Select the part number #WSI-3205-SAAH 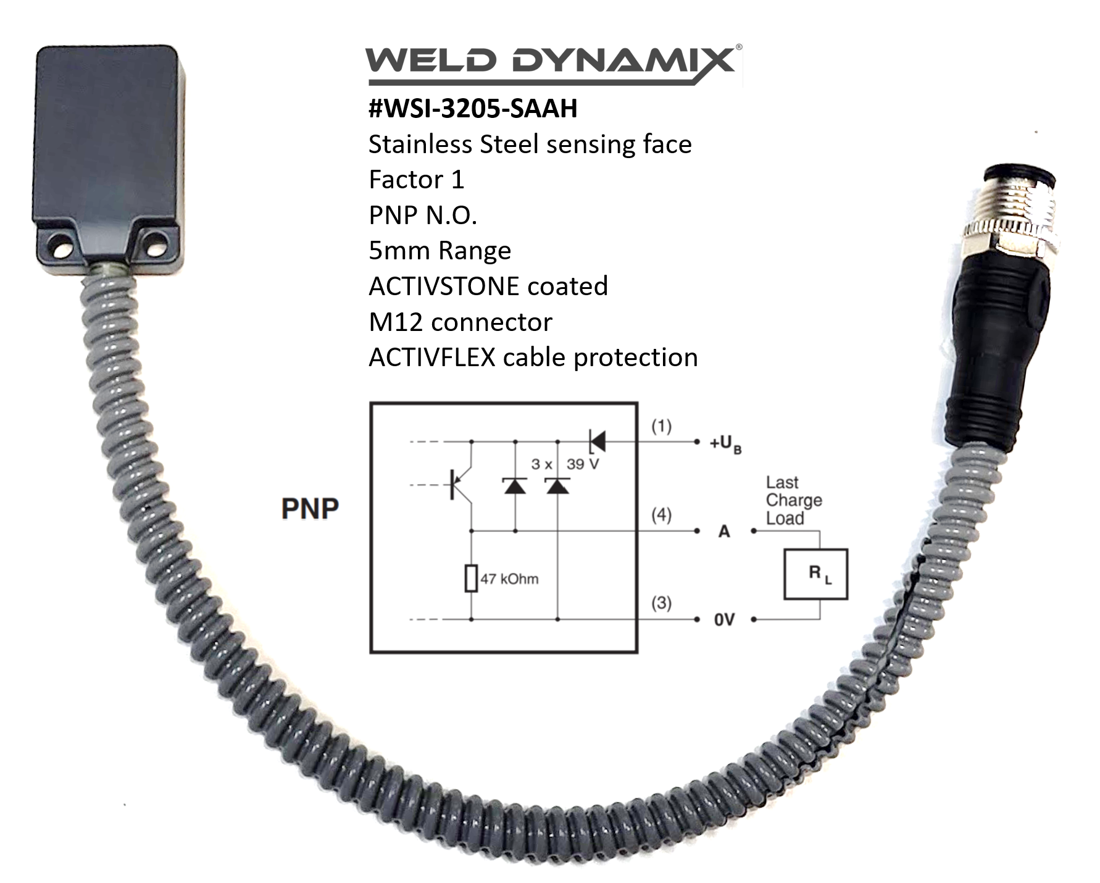473,109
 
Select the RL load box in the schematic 815,574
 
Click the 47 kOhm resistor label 509,579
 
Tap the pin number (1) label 661,426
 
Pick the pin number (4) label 661,514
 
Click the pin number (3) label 661,603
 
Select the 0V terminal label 725,619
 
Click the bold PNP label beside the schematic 310,509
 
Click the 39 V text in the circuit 582,464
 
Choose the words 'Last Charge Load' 793,500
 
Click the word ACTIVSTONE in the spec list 443,287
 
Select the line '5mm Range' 440,251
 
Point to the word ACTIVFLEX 432,358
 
